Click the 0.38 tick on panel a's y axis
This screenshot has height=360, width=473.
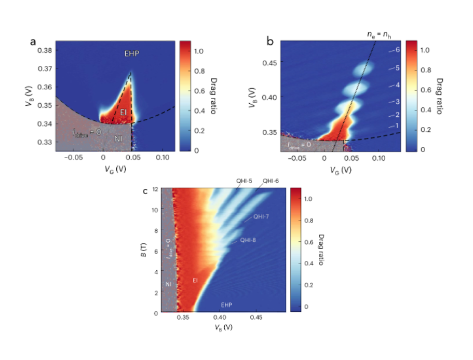tap(44, 50)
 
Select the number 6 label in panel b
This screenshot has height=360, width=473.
tap(397, 50)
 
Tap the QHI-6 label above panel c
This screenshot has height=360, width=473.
tap(270, 181)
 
